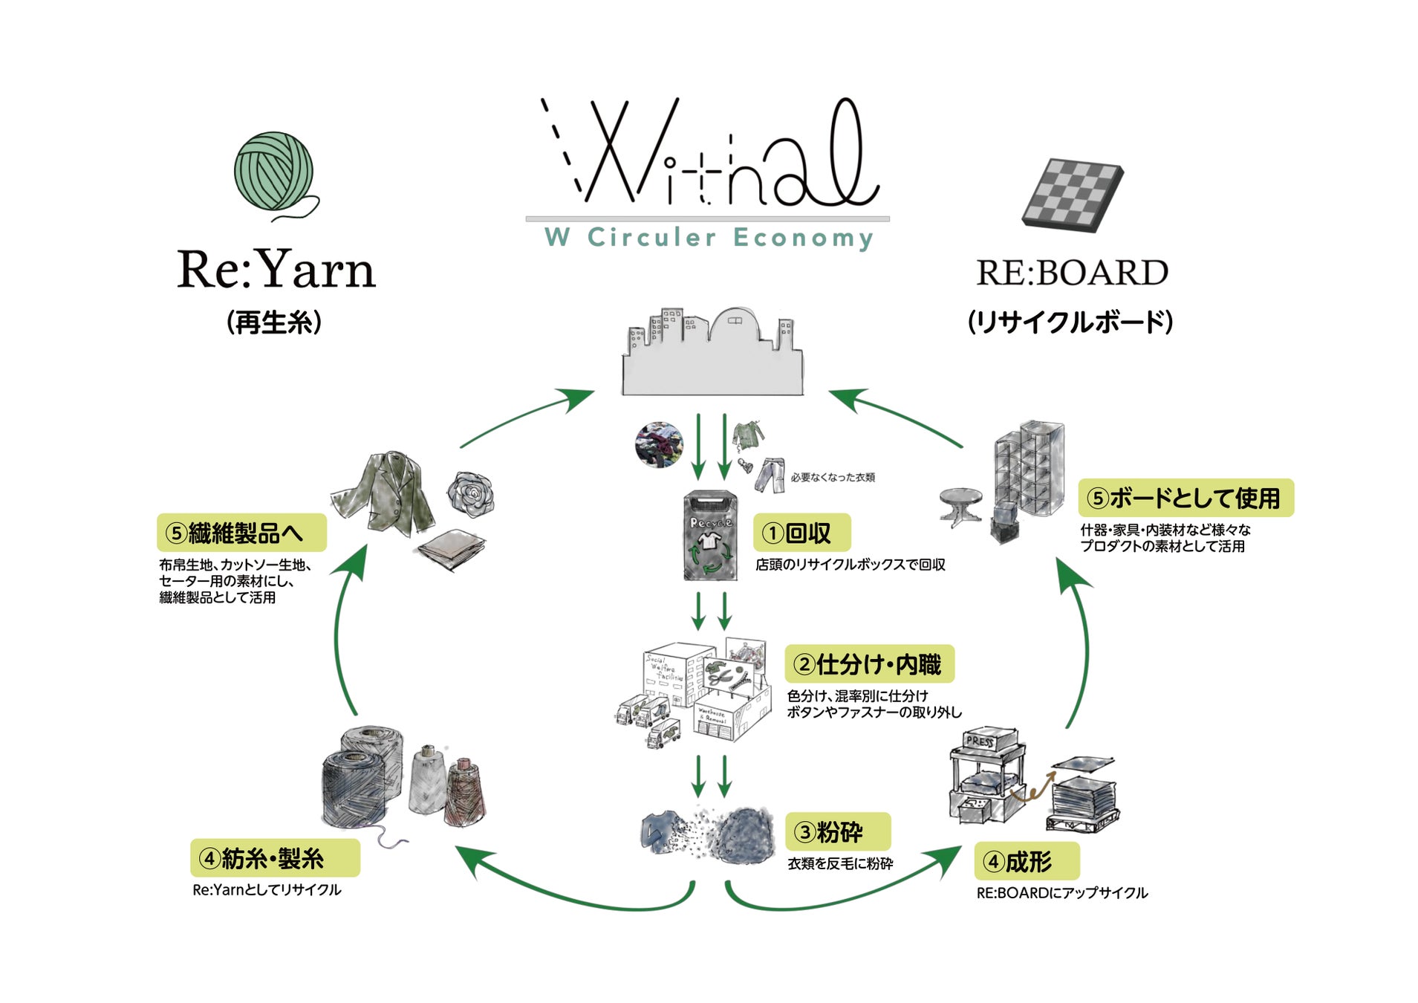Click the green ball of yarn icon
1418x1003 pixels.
(x=273, y=172)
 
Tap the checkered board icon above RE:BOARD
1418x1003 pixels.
(x=1072, y=195)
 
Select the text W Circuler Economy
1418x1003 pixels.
(x=709, y=238)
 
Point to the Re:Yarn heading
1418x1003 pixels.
(x=276, y=269)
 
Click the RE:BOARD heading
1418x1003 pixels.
(x=1071, y=273)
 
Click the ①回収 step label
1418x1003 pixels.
(x=801, y=533)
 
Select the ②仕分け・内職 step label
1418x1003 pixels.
(x=869, y=664)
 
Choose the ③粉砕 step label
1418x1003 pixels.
(x=837, y=831)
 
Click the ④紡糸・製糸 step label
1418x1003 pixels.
(x=274, y=858)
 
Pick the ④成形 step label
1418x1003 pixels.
(x=1026, y=861)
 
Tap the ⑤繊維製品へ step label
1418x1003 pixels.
(x=241, y=533)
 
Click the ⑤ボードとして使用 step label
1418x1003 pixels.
(x=1185, y=498)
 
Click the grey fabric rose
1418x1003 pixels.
(x=469, y=493)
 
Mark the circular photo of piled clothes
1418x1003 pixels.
(x=659, y=444)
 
